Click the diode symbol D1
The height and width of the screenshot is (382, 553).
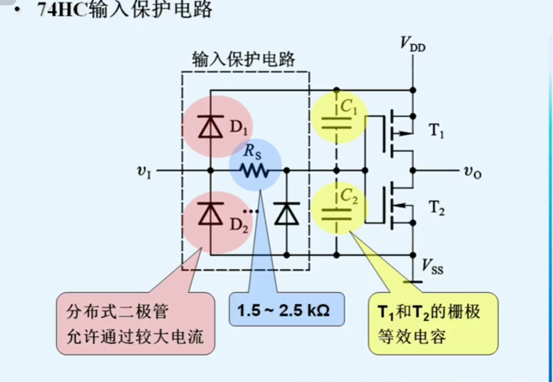point(210,127)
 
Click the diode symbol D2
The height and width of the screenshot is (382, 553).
point(210,213)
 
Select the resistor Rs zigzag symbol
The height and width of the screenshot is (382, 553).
point(255,171)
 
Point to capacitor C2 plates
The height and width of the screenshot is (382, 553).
point(336,214)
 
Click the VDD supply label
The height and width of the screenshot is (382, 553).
point(412,44)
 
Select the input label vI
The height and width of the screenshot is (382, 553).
point(144,172)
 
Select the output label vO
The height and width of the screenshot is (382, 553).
point(472,172)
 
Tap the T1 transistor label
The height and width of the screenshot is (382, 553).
point(436,131)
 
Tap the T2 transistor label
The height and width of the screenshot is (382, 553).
point(437,208)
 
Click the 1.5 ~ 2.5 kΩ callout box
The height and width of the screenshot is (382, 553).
point(286,310)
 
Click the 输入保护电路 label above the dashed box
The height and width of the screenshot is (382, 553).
point(243,59)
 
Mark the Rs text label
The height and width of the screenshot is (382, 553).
point(252,151)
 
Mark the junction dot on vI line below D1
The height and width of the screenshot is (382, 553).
point(210,171)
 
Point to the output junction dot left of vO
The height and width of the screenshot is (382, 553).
point(413,171)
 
